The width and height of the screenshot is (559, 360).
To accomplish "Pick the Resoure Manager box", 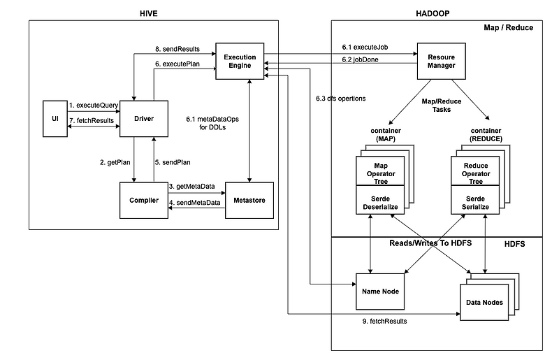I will (441, 61).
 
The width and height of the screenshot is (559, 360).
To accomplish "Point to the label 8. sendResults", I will (177, 50).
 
